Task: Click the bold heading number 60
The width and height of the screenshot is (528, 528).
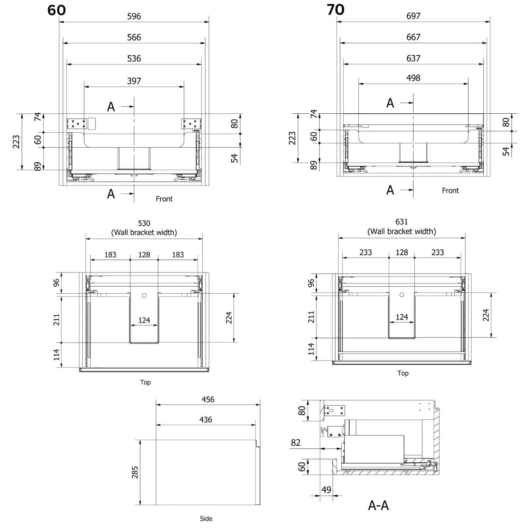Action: pyautogui.click(x=56, y=10)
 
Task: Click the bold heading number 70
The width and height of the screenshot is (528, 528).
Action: pyautogui.click(x=335, y=10)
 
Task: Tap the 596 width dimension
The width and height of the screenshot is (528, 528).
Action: pyautogui.click(x=134, y=16)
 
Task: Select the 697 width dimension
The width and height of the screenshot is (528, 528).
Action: pyautogui.click(x=413, y=16)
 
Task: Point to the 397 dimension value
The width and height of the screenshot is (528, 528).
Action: pyautogui.click(x=134, y=81)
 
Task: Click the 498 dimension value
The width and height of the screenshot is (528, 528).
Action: pyautogui.click(x=413, y=78)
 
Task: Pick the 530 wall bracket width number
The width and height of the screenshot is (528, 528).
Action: pyautogui.click(x=144, y=223)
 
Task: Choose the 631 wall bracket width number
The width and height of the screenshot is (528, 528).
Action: pyautogui.click(x=402, y=222)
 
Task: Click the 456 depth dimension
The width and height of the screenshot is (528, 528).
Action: pyautogui.click(x=208, y=400)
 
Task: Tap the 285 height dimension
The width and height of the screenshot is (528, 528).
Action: pyautogui.click(x=135, y=472)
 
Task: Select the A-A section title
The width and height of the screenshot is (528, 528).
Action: pyautogui.click(x=378, y=505)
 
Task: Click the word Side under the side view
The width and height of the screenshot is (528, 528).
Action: pyautogui.click(x=206, y=518)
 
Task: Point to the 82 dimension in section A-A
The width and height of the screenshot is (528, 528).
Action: pyautogui.click(x=296, y=442)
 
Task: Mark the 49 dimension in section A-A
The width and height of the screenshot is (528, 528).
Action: pyautogui.click(x=326, y=490)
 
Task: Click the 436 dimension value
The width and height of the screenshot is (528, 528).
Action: pyautogui.click(x=206, y=420)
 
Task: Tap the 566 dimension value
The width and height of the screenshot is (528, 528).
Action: pyautogui.click(x=134, y=37)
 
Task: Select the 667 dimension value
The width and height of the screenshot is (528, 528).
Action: pyautogui.click(x=413, y=37)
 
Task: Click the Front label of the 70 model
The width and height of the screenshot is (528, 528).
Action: pyautogui.click(x=451, y=190)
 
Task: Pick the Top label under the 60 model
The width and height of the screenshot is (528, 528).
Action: pyautogui.click(x=145, y=382)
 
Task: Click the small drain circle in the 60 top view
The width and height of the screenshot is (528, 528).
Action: pyautogui.click(x=144, y=296)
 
